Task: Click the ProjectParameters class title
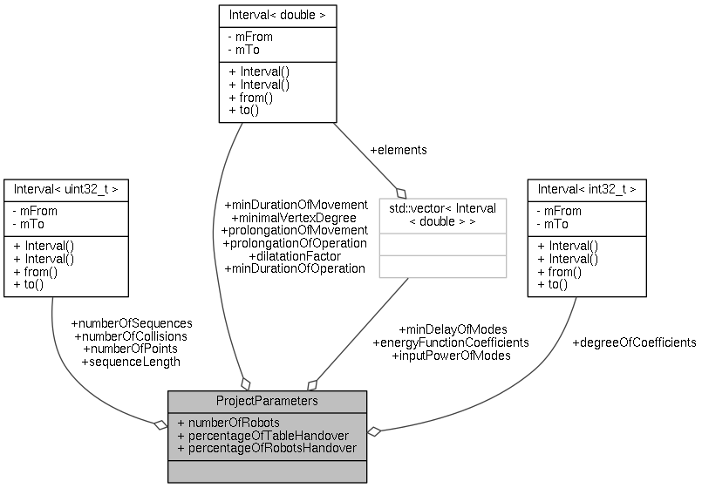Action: (x=267, y=400)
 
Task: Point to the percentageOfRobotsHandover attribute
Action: (x=266, y=448)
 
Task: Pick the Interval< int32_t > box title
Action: (x=587, y=188)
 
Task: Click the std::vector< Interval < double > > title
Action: (x=442, y=214)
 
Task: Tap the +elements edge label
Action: (x=399, y=150)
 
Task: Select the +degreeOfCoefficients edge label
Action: (x=634, y=342)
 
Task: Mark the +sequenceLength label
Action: (x=130, y=362)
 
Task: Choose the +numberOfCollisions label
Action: (x=131, y=335)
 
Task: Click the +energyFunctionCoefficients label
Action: (x=450, y=342)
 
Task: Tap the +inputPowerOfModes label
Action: (x=451, y=356)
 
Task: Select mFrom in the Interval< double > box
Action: (x=252, y=37)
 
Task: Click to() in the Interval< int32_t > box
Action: (x=553, y=285)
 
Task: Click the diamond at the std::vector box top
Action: (x=401, y=192)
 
